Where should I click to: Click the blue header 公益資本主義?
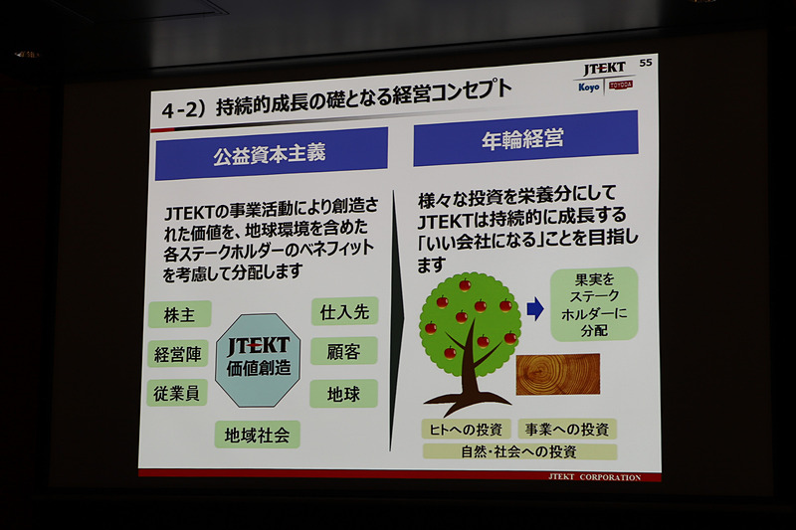point(270,155)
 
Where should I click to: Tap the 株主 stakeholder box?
point(180,314)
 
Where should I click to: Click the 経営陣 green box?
point(179,353)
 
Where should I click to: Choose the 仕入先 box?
point(344,311)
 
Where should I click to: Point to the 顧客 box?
point(344,350)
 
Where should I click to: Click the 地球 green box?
point(343,393)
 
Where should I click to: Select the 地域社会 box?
point(257,435)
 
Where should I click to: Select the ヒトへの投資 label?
point(465,429)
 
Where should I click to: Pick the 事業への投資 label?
point(567,429)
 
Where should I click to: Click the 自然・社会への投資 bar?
point(519,451)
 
